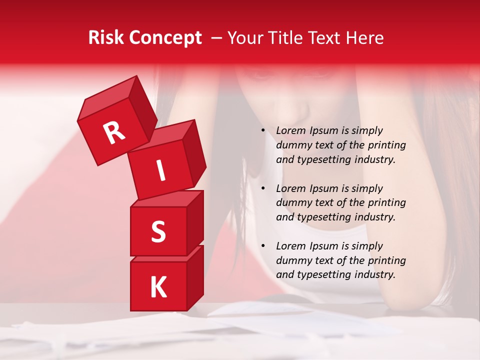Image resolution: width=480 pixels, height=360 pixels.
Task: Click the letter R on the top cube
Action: click(x=114, y=132)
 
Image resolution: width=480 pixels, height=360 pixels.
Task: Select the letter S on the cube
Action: click(x=158, y=232)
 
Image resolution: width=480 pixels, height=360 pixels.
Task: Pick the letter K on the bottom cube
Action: click(x=158, y=287)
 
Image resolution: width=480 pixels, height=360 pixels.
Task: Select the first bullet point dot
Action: click(x=263, y=131)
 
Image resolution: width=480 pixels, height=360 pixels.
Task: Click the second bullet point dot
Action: click(x=263, y=188)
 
